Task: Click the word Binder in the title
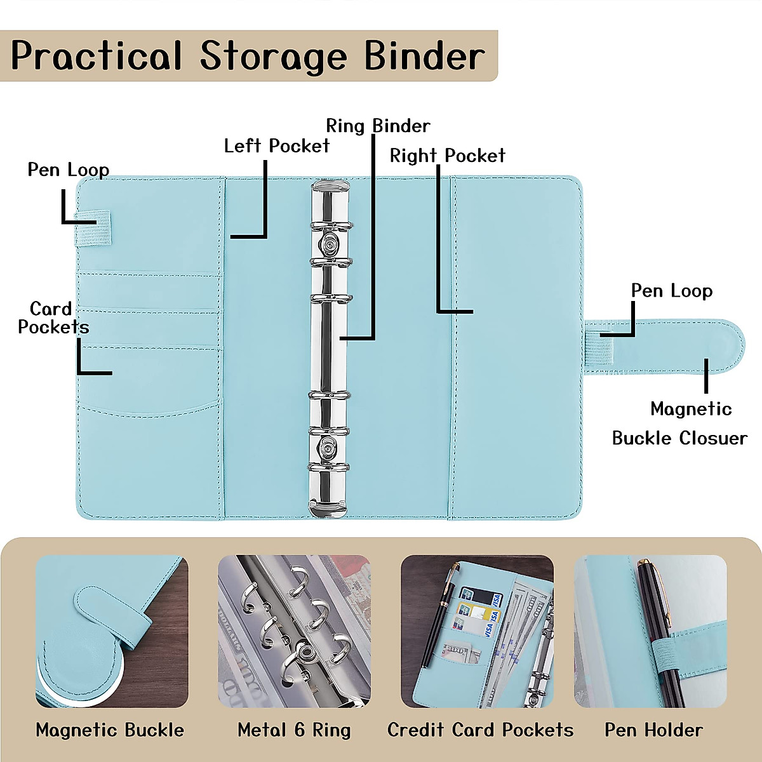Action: coord(425,56)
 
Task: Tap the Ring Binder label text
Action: coord(378,126)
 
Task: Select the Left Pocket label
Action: coord(277,146)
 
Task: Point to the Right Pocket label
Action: coord(447,156)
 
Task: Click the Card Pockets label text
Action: coord(52,318)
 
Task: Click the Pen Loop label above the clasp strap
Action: coord(671,291)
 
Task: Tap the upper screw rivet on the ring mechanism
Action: coord(330,242)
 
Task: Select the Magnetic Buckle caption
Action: coord(110,730)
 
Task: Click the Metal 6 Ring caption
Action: coord(294,730)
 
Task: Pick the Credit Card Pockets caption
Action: coord(480,730)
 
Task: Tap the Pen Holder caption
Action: coord(653,730)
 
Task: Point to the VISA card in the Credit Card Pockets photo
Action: coord(488,629)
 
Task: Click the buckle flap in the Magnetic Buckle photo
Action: coord(111,616)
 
